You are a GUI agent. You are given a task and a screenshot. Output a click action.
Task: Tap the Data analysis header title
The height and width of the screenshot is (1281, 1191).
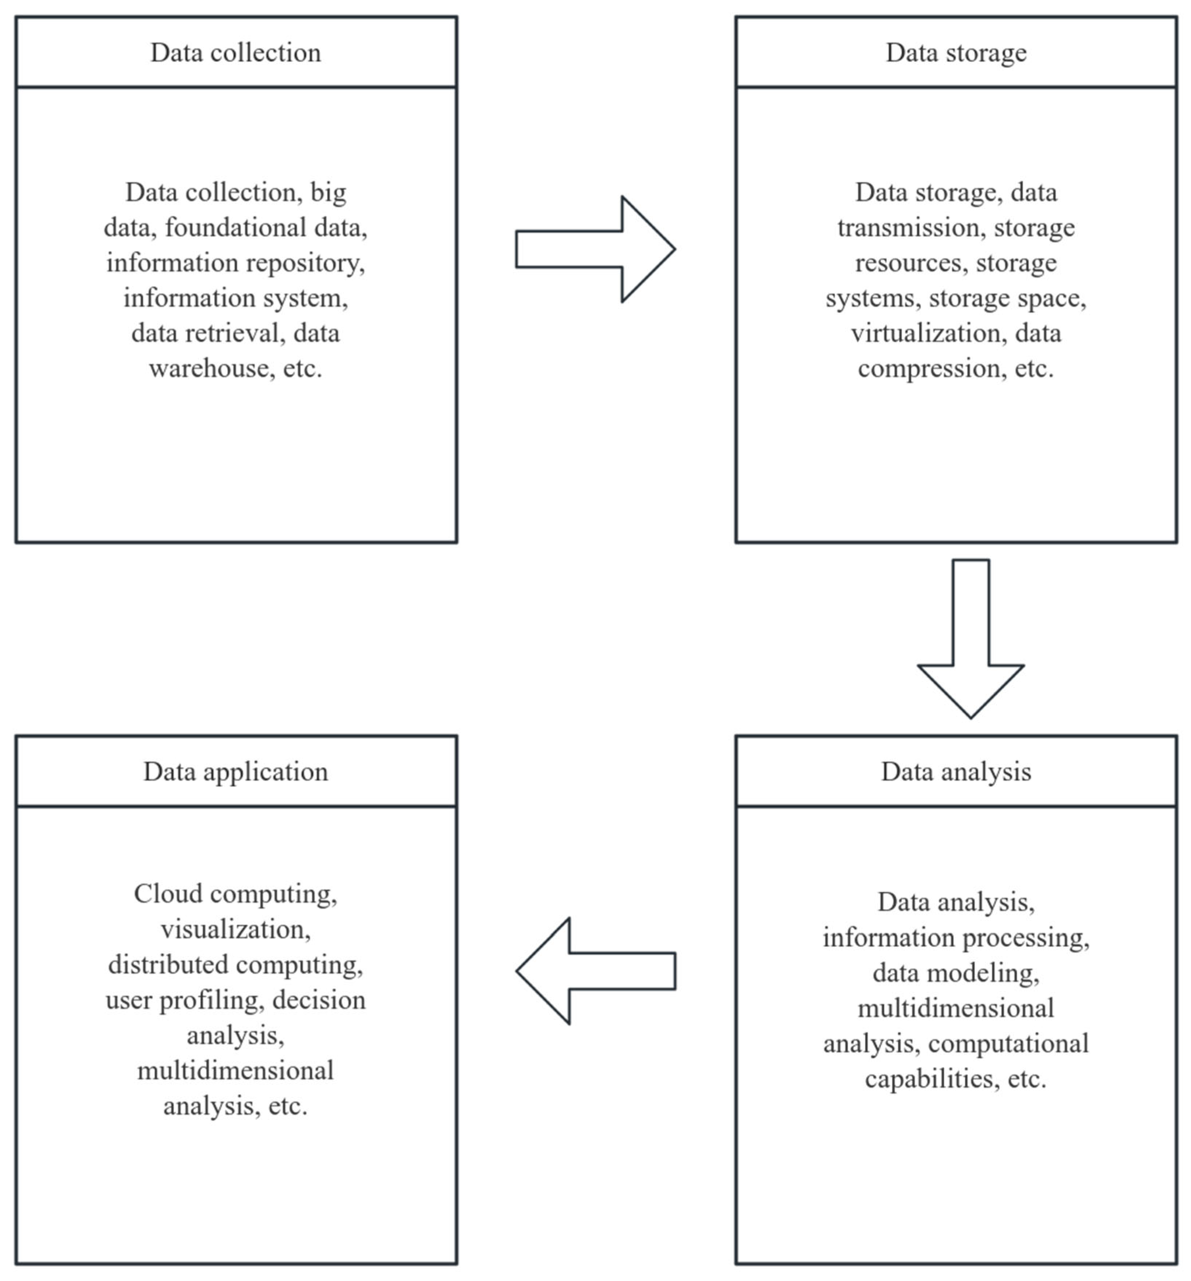(956, 772)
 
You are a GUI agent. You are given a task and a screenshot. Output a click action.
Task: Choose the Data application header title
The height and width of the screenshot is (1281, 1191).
(236, 772)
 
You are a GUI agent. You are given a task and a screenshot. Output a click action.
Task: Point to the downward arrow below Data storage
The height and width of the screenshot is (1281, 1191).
(971, 638)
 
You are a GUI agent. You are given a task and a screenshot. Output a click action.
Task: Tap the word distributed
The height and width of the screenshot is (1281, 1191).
(167, 965)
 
